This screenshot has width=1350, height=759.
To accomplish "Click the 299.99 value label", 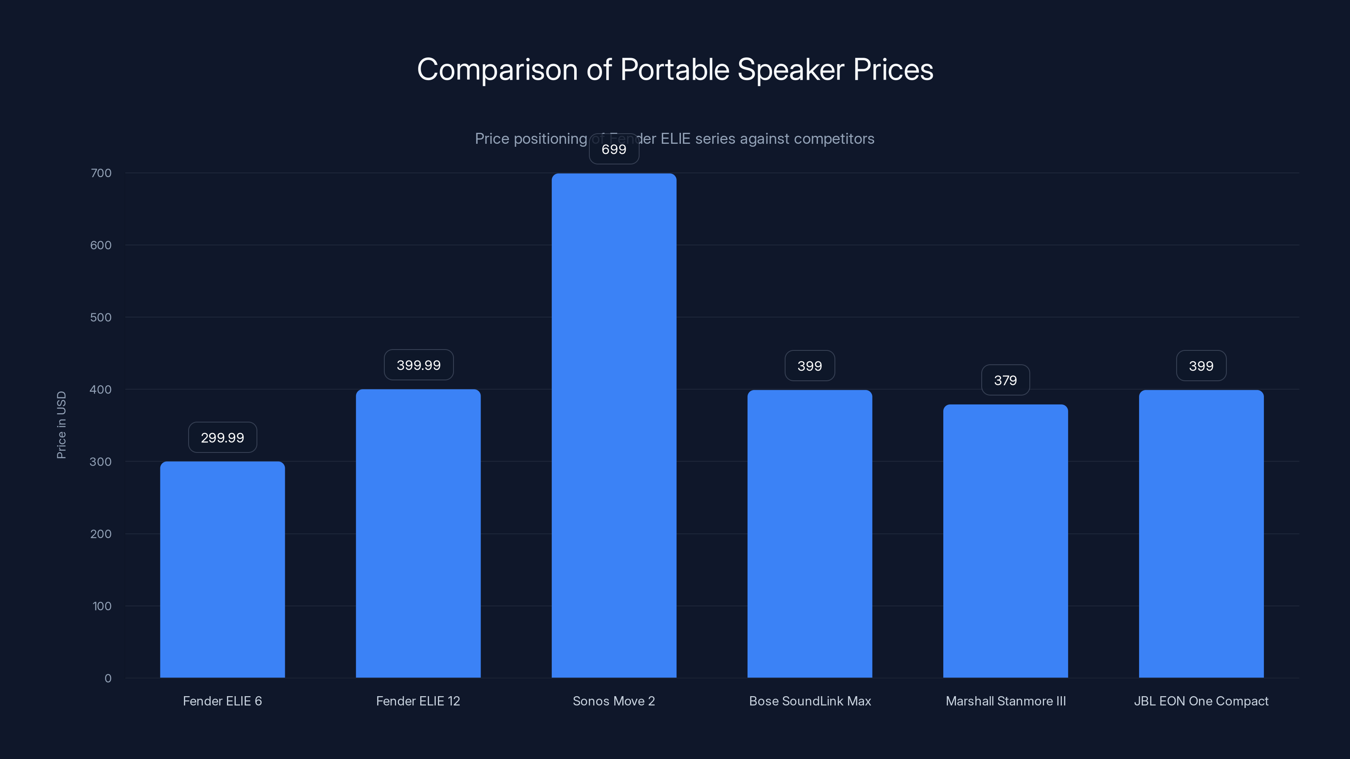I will [222, 437].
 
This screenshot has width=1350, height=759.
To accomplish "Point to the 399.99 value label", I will [418, 365].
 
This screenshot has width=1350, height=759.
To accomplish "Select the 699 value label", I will [614, 149].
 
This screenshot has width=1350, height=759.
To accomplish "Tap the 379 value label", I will [1005, 380].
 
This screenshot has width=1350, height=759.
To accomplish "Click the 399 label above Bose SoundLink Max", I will [810, 366].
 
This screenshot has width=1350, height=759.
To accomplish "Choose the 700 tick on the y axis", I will [101, 173].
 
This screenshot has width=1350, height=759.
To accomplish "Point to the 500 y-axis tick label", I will [101, 318].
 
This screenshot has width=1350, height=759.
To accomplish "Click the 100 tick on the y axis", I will [102, 606].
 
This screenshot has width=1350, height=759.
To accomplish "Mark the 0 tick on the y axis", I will [108, 678].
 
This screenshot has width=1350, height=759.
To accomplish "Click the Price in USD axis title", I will [61, 425].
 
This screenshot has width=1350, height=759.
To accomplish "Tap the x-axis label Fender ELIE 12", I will [418, 701].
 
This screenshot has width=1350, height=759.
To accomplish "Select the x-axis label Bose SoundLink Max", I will [810, 701].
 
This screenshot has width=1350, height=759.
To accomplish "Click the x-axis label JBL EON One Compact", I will [1201, 701].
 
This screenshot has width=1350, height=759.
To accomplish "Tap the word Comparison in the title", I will [497, 70].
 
